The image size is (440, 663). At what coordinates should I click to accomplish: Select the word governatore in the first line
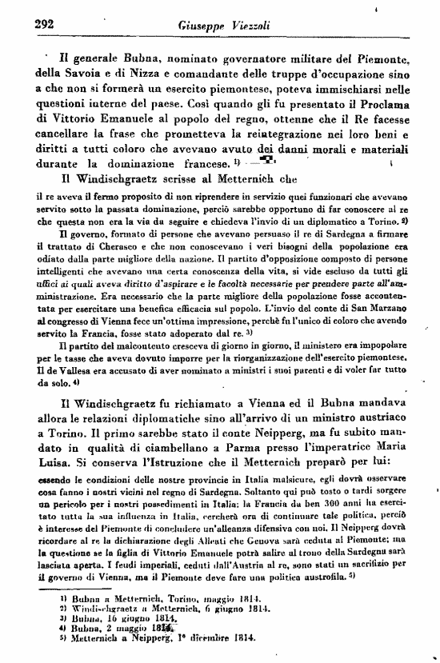coord(232,58)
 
